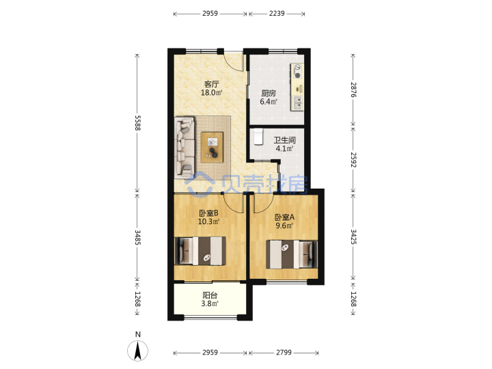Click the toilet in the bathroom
(x=258, y=137)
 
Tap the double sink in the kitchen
(x=297, y=103)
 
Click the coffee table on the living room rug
(x=212, y=147)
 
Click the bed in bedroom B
(x=200, y=251)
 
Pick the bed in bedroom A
(x=292, y=254)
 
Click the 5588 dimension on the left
(x=138, y=123)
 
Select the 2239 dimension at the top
(x=277, y=14)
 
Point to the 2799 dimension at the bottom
(x=284, y=353)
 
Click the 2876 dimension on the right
(x=353, y=90)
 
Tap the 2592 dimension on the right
(x=353, y=160)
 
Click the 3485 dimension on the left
(x=138, y=237)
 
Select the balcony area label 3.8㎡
(x=210, y=303)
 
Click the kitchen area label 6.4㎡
(x=269, y=102)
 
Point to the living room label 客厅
(x=211, y=84)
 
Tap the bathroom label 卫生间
(x=284, y=140)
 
